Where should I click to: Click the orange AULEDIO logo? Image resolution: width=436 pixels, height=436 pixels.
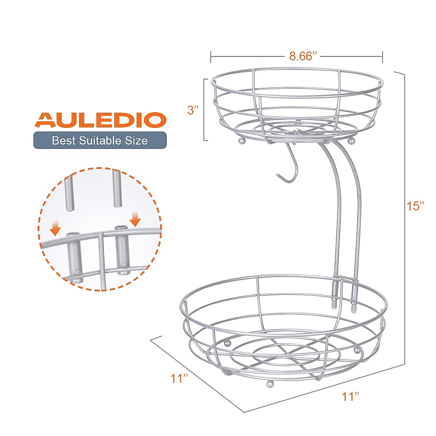tap(100, 120)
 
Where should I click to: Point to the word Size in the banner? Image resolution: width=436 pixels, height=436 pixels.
tap(137, 140)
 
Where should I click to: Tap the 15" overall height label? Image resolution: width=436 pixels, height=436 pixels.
tap(415, 206)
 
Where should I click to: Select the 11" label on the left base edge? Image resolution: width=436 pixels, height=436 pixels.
tap(179, 378)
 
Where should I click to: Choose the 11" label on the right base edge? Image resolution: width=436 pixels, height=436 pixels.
tap(350, 396)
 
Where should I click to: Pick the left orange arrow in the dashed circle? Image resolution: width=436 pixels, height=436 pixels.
tap(56, 229)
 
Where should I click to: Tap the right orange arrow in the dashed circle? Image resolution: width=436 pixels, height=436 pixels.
tap(136, 219)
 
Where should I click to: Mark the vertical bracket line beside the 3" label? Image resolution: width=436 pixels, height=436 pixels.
tap(204, 109)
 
